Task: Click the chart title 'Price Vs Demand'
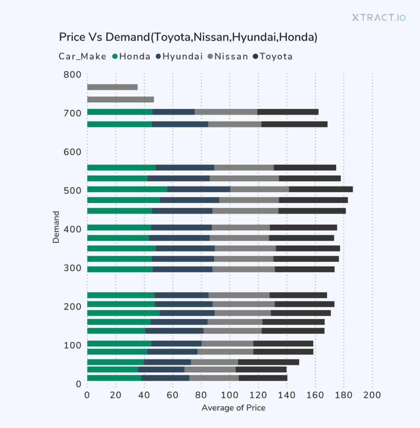188,37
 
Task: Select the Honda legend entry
132,57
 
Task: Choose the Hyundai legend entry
179,57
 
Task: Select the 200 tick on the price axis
372,394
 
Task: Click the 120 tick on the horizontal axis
258,394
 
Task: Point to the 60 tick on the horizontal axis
172,394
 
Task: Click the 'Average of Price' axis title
233,408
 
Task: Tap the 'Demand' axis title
56,227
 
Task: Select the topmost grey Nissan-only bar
112,87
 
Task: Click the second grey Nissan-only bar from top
120,99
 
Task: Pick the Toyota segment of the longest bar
321,189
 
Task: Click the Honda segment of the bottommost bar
114,378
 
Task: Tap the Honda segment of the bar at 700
120,112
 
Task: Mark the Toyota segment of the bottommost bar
263,378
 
